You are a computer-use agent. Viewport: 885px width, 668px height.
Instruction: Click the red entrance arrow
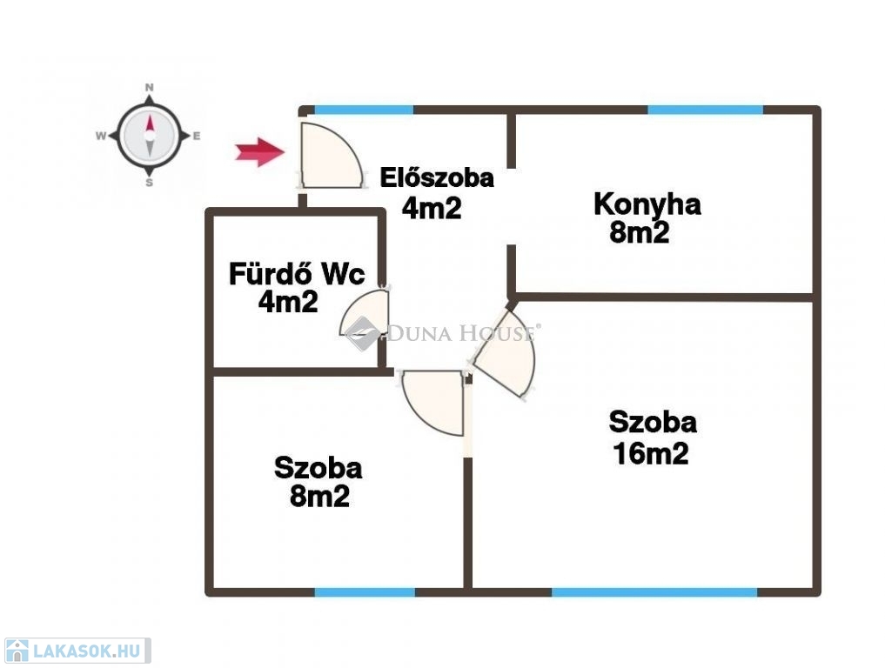pyautogui.click(x=259, y=151)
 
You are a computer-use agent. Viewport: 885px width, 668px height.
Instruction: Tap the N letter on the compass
pyautogui.click(x=149, y=88)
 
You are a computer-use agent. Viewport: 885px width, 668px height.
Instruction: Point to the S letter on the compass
pyautogui.click(x=149, y=183)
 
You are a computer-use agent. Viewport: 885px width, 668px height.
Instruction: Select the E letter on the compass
pyautogui.click(x=197, y=136)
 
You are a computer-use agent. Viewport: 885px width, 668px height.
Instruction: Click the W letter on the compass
pyautogui.click(x=101, y=136)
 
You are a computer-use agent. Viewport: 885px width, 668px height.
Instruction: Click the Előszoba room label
pyautogui.click(x=436, y=177)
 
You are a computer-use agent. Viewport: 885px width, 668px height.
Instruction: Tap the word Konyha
pyautogui.click(x=647, y=204)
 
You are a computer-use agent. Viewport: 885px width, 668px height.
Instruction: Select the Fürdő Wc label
pyautogui.click(x=297, y=274)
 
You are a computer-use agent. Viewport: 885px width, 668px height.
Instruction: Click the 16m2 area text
pyautogui.click(x=651, y=454)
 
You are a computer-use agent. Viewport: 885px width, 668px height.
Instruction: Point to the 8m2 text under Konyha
pyautogui.click(x=640, y=232)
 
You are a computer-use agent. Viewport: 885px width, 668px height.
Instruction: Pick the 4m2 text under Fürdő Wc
pyautogui.click(x=288, y=302)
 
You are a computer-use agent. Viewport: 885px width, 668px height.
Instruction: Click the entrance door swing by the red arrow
pyautogui.click(x=331, y=155)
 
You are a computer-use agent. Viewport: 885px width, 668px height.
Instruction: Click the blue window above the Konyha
pyautogui.click(x=705, y=110)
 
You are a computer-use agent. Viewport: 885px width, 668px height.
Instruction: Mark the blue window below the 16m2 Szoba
pyautogui.click(x=654, y=591)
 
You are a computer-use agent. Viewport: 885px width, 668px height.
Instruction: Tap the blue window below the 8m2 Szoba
pyautogui.click(x=365, y=591)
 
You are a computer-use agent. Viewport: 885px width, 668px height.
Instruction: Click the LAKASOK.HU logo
pyautogui.click(x=77, y=651)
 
